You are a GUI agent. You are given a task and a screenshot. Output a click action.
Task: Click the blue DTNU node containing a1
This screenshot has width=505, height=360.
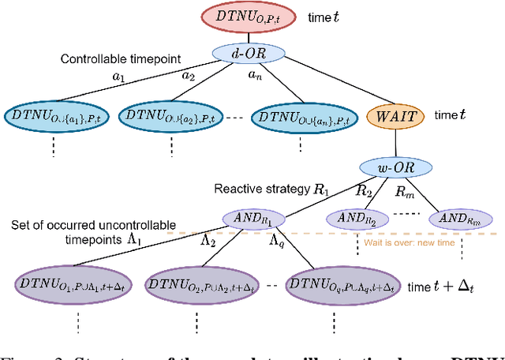pyautogui.click(x=51, y=116)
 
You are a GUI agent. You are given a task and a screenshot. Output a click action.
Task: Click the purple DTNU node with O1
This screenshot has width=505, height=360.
pyautogui.click(x=70, y=283)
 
